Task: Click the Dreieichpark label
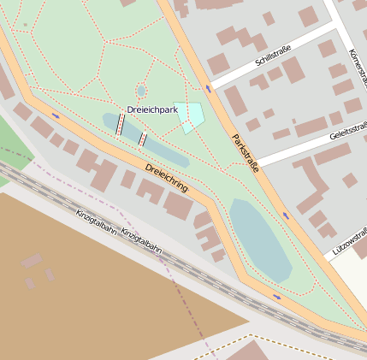coord(152,109)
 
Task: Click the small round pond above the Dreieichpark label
coord(141,91)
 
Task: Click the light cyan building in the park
coord(191,115)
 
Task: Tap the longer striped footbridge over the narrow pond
coord(120,125)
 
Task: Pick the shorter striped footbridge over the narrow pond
coord(142,139)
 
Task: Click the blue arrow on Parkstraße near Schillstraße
coord(209,88)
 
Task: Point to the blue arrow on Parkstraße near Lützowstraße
coord(286,215)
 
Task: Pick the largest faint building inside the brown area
coord(32,261)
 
